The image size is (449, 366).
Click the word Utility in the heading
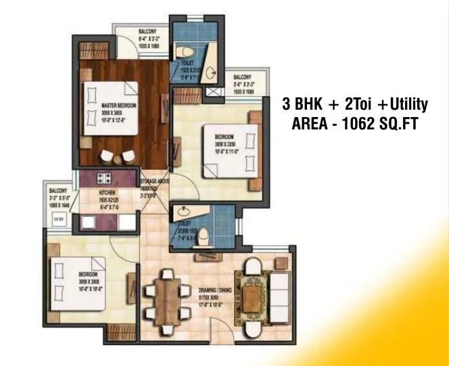click(404, 105)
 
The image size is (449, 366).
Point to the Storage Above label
click(153, 183)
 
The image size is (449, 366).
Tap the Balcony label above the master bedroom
click(148, 32)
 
